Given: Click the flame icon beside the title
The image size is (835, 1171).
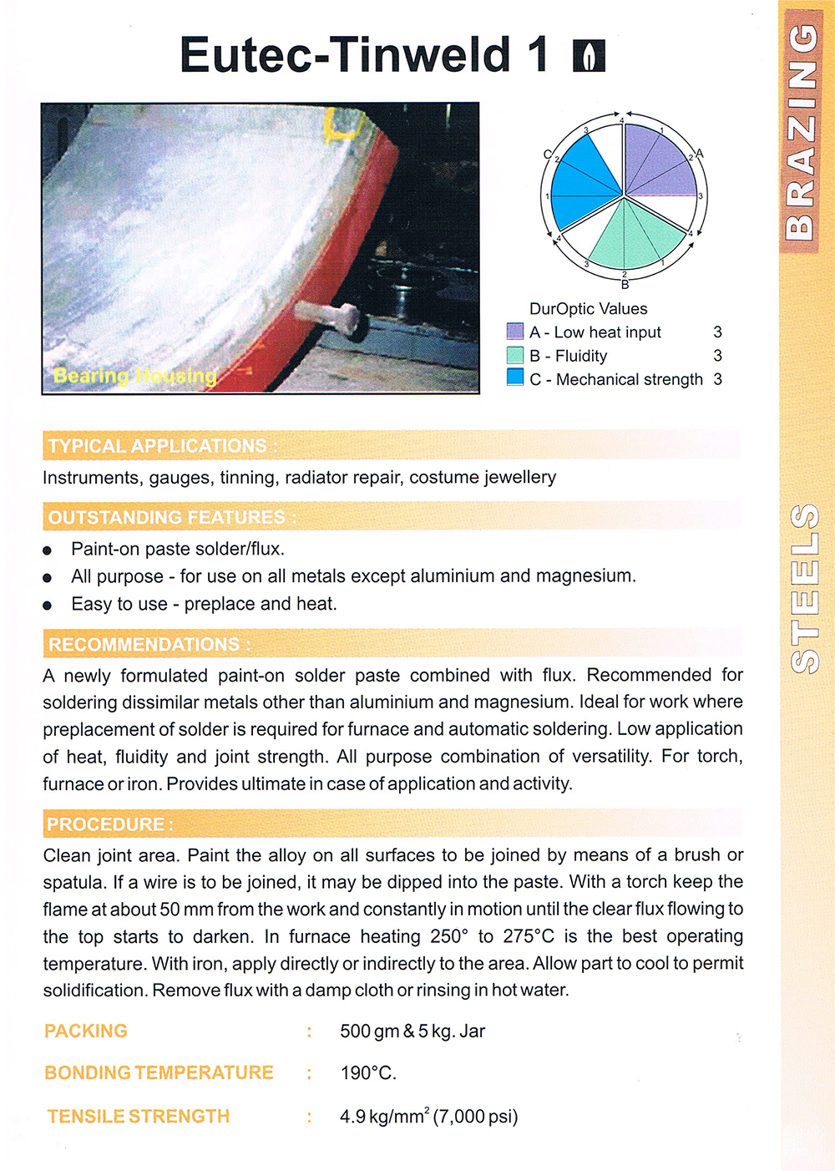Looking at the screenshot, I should tap(589, 56).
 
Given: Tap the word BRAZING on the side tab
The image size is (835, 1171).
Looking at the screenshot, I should tap(802, 130).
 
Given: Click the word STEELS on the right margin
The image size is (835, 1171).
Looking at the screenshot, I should tap(804, 588).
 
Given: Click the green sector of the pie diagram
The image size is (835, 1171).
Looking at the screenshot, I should tap(626, 236).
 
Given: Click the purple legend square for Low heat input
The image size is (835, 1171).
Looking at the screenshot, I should tap(515, 332).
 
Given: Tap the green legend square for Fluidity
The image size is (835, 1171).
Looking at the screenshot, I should tap(515, 355).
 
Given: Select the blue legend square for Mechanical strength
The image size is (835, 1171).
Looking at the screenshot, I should tap(515, 378).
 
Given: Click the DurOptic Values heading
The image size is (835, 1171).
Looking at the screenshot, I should tap(588, 309).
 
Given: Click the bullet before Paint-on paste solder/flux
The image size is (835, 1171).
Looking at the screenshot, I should tap(48, 550).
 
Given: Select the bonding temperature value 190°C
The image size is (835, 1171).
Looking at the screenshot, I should tap(368, 1073).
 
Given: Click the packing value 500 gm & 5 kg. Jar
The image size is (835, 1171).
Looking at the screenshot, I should tap(412, 1032).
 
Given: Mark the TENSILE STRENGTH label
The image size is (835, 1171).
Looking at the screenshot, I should tap(139, 1117).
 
